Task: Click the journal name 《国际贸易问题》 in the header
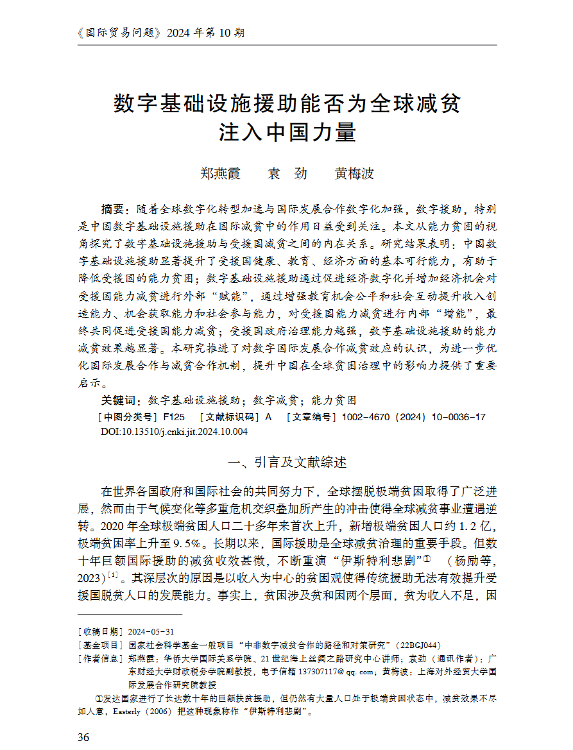click(119, 33)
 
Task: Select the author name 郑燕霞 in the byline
click(220, 173)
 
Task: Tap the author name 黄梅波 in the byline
click(354, 173)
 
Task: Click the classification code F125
click(174, 417)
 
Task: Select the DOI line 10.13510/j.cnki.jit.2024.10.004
click(174, 432)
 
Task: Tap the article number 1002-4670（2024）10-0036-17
click(414, 417)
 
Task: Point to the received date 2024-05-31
click(151, 631)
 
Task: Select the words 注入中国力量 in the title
click(287, 133)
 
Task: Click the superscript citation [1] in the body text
click(113, 574)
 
